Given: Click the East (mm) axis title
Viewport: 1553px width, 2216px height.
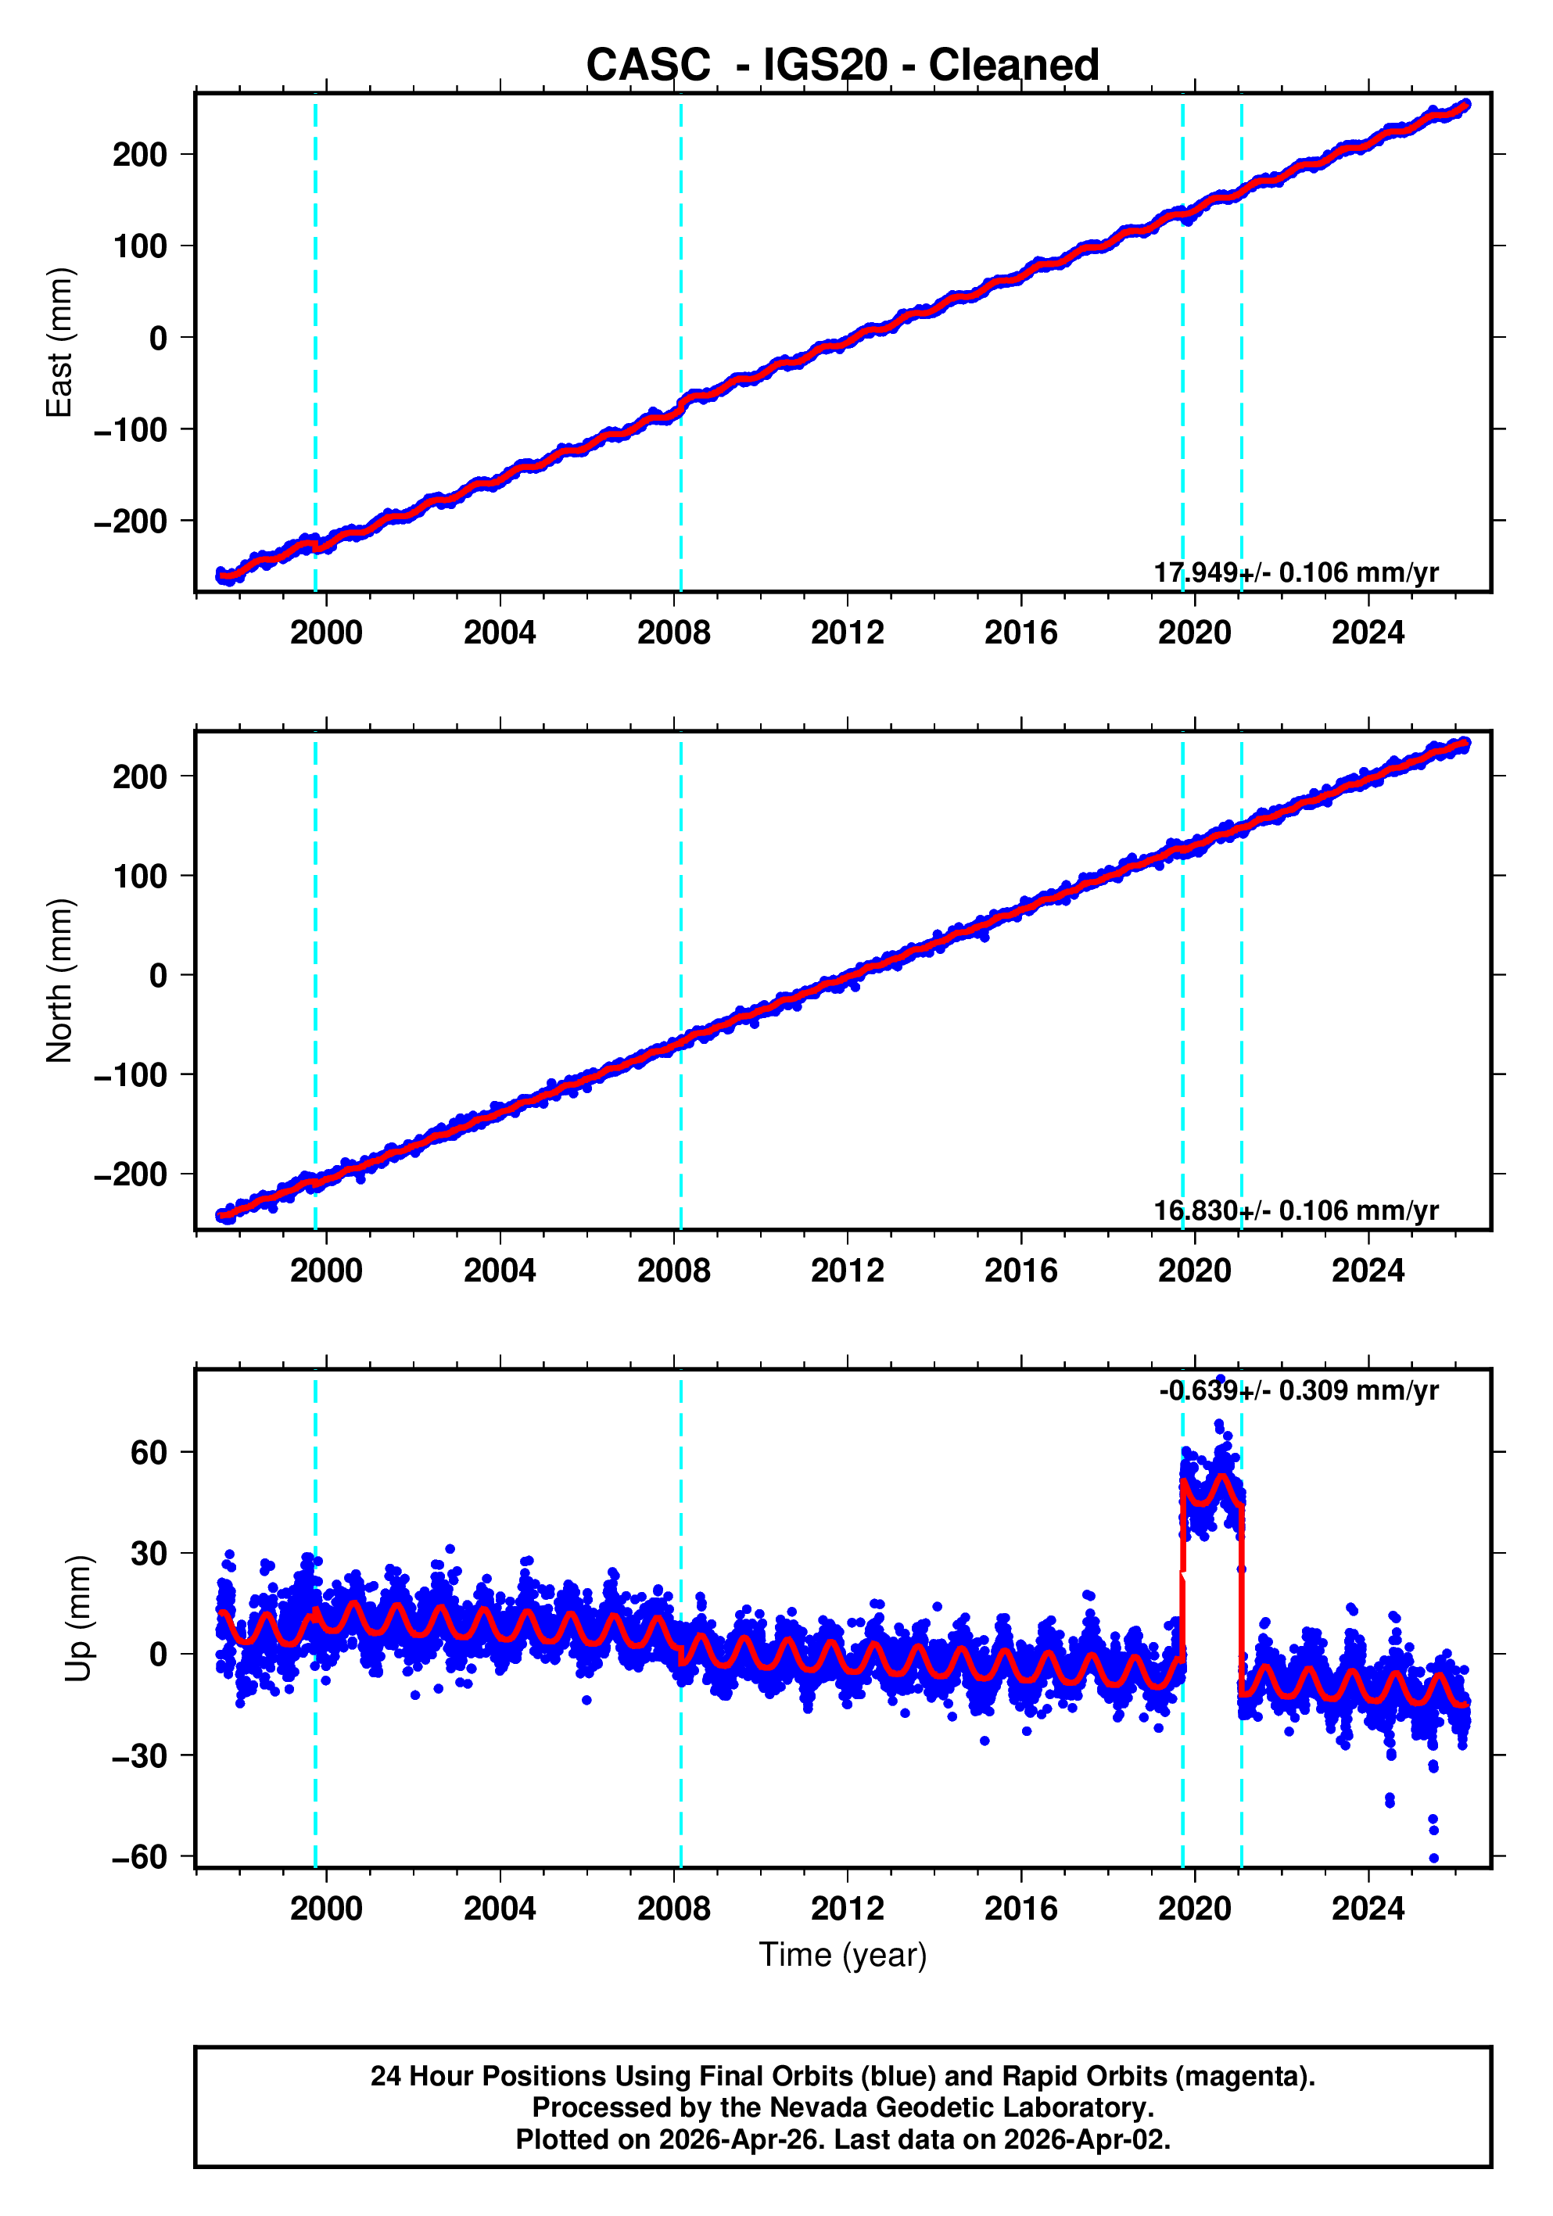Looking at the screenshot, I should click(x=59, y=342).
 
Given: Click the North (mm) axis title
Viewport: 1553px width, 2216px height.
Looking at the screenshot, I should click(x=59, y=980).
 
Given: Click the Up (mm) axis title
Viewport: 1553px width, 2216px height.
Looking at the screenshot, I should click(x=77, y=1618).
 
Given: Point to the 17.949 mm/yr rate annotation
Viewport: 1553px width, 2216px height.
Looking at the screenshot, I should click(x=1295, y=572).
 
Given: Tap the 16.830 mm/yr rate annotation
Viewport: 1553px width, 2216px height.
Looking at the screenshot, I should click(x=1295, y=1210).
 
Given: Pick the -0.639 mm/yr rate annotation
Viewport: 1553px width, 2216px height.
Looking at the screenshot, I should click(x=1298, y=1391).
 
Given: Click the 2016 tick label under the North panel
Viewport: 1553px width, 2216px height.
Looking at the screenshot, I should click(x=1020, y=1271).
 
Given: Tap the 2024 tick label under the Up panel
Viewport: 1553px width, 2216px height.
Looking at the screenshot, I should click(x=1368, y=1908).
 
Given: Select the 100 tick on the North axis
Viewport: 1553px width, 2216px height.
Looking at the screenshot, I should click(x=139, y=877).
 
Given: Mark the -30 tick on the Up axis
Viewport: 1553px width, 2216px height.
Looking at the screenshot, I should click(x=139, y=1755).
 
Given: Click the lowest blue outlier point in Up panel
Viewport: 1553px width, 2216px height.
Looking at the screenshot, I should click(x=1433, y=1858).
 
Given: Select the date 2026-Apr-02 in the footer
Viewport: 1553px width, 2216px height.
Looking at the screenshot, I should click(x=1086, y=2139).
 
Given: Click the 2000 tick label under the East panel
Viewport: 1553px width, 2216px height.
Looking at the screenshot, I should click(x=326, y=633).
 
